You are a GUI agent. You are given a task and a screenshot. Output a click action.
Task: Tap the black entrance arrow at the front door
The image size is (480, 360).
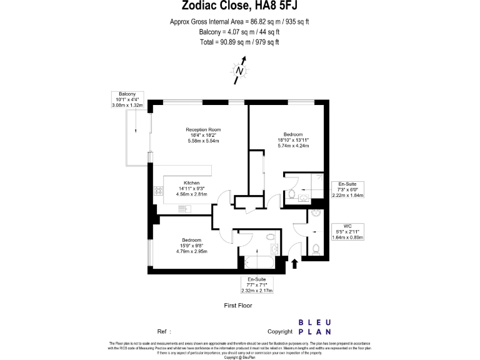tap(294, 264)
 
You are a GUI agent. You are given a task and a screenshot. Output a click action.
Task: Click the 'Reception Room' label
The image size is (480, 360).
tap(203, 130)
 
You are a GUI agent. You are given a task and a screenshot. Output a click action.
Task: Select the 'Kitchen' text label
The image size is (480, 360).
tap(191, 182)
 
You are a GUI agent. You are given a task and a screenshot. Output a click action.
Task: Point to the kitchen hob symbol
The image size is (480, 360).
tap(156, 192)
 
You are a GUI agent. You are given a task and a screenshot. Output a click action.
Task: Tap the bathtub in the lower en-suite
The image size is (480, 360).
tap(257, 261)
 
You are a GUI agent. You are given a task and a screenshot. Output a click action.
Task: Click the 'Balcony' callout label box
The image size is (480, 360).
tap(128, 100)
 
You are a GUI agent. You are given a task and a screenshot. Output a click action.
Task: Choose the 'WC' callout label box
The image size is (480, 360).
tap(348, 231)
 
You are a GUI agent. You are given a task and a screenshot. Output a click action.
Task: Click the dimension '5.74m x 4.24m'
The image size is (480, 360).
tap(293, 146)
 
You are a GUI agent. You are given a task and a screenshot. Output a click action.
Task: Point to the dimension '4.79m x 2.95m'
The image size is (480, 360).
tap(191, 251)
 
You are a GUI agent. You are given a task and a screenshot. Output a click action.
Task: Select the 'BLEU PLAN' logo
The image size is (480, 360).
tap(315, 327)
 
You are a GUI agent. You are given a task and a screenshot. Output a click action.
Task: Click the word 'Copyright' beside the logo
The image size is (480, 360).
tap(280, 331)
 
